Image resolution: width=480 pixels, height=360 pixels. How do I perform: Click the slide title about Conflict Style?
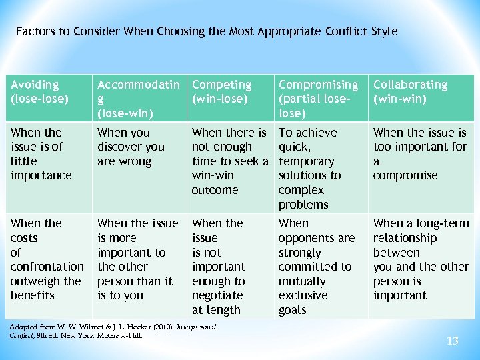pyautogui.click(x=206, y=31)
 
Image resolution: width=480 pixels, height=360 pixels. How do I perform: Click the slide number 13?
pyautogui.click(x=453, y=341)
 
